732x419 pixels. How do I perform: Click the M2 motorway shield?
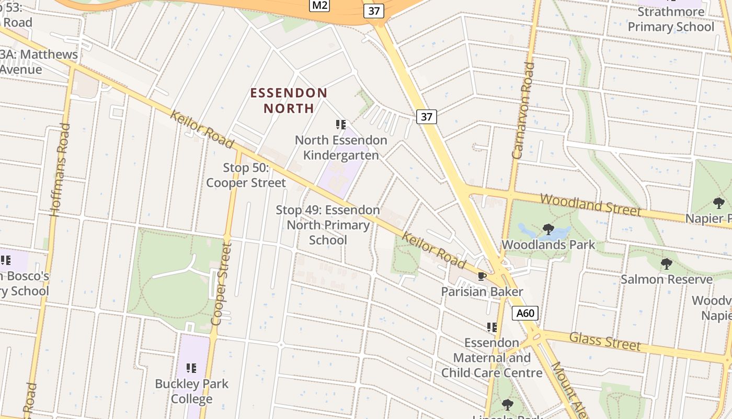[x=319, y=5]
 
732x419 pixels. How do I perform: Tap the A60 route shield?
[x=525, y=313]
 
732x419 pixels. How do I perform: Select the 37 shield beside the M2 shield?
[x=374, y=11]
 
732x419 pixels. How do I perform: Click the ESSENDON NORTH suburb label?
[x=289, y=101]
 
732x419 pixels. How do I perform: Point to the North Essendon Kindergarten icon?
[x=341, y=125]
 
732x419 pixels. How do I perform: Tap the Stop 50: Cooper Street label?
[x=246, y=175]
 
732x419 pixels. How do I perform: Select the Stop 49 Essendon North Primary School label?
[x=328, y=225]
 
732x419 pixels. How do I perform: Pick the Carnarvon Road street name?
[x=524, y=111]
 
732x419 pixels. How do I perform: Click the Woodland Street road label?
[x=590, y=205]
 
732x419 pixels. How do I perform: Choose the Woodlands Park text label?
[x=548, y=245]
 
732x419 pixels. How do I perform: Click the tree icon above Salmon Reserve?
[x=666, y=263]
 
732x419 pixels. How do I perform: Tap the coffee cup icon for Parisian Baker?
[x=482, y=276]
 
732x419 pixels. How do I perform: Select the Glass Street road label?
[x=604, y=341]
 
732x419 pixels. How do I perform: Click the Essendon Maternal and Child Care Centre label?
[x=491, y=358]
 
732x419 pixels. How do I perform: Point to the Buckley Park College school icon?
[x=191, y=368]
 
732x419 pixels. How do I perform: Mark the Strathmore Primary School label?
[x=671, y=19]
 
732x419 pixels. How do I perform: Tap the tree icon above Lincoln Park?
[x=507, y=404]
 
